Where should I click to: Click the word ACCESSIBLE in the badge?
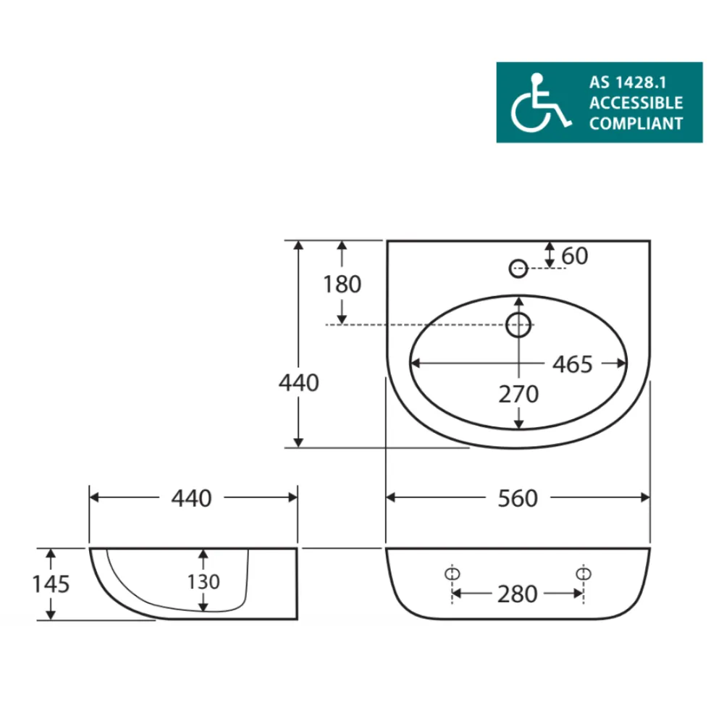(x=636, y=102)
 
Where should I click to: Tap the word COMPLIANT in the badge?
(x=636, y=123)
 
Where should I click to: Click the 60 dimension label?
(x=575, y=256)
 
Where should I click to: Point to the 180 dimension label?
(x=342, y=285)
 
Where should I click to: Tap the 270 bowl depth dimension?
(x=518, y=395)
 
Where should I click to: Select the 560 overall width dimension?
(x=518, y=498)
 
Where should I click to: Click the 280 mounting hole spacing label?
(x=518, y=594)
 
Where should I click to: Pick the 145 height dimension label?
(x=51, y=584)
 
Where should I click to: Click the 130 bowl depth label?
(x=203, y=581)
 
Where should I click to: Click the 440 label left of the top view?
(x=298, y=382)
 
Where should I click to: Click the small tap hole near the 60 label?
(x=518, y=268)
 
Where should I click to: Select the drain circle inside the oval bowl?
(x=518, y=325)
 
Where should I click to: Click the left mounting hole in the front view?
(x=452, y=573)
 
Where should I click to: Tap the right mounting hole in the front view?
(x=583, y=573)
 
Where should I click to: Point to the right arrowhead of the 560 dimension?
(x=645, y=497)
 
